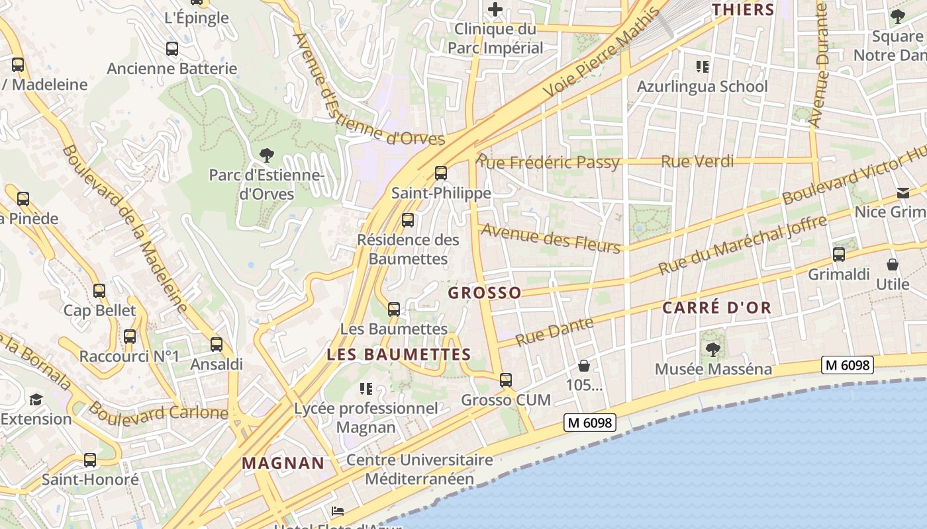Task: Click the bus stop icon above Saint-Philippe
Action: [x=440, y=173]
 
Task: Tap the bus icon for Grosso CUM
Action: [x=506, y=380]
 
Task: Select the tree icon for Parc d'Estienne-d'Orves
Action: [x=267, y=155]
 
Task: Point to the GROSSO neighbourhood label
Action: [x=485, y=293]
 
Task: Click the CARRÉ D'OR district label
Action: [x=717, y=307]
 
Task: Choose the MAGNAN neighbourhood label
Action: [x=283, y=463]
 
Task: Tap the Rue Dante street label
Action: [x=545, y=331]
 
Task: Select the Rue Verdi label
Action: [x=697, y=161]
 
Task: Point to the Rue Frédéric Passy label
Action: [x=548, y=162]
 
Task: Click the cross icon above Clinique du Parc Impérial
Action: [x=495, y=9]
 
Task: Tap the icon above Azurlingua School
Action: [x=702, y=66]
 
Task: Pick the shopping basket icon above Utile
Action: [x=893, y=264]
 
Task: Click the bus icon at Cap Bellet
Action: [x=99, y=290]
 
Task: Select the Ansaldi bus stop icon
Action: [x=217, y=345]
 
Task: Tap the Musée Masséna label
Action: [x=713, y=369]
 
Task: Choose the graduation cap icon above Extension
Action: [x=35, y=399]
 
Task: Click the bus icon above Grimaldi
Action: [x=839, y=254]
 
